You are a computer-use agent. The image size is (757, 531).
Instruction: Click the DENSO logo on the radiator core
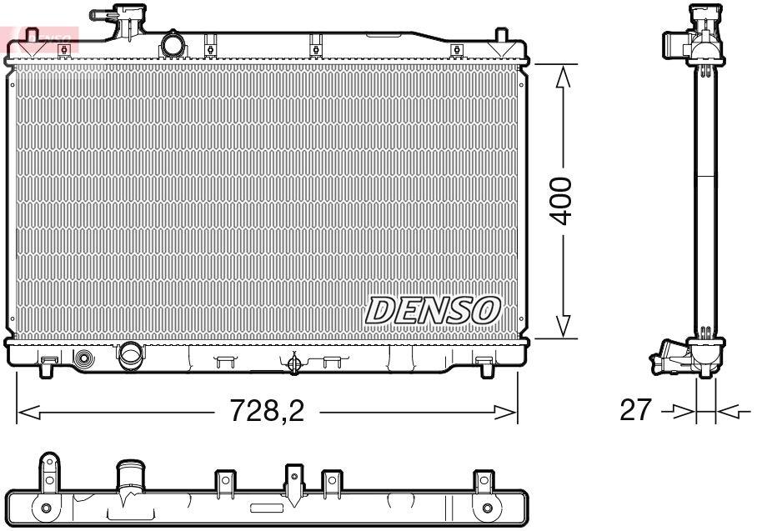[x=433, y=310]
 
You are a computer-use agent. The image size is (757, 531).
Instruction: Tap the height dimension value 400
[x=564, y=200]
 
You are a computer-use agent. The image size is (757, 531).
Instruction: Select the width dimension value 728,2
[x=268, y=411]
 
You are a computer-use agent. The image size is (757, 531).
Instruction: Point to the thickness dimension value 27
[x=636, y=410]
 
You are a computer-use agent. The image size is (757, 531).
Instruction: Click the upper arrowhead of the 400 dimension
[x=564, y=78]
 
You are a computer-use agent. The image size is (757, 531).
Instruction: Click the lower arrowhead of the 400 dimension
[x=564, y=326]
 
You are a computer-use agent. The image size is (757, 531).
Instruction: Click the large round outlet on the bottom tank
[x=131, y=356]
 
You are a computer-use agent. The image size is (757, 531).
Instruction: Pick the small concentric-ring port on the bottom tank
[x=85, y=359]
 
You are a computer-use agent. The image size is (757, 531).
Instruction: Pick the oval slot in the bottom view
[x=267, y=507]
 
